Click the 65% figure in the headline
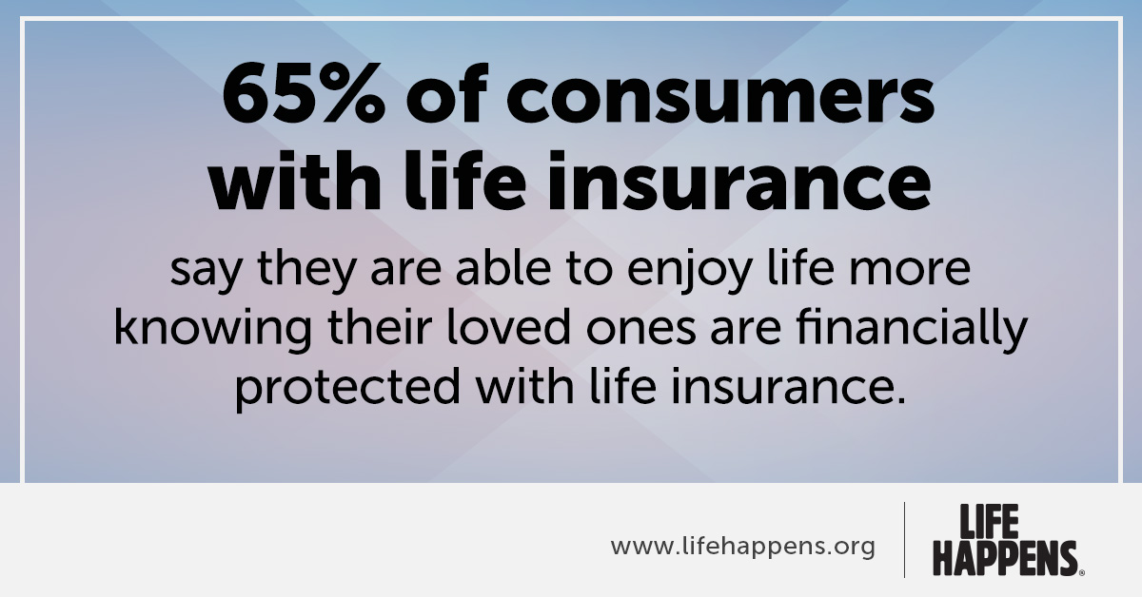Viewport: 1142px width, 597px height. click(x=304, y=93)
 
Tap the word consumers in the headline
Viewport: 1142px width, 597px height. click(x=721, y=99)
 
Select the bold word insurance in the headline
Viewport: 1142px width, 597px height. click(x=739, y=181)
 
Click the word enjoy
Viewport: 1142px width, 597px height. click(x=689, y=273)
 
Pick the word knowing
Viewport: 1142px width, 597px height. click(x=212, y=329)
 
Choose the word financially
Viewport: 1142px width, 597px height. click(x=911, y=329)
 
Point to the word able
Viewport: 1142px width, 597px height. click(x=503, y=267)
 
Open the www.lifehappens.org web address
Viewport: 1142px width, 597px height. click(x=743, y=547)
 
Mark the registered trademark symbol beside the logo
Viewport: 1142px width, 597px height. click(x=1082, y=572)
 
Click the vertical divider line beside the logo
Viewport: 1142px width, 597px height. click(x=905, y=540)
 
